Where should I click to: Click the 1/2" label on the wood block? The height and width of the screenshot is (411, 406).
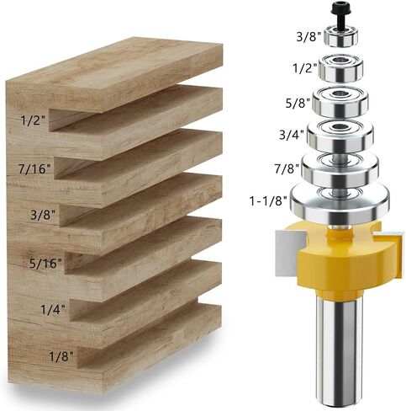(x=33, y=120)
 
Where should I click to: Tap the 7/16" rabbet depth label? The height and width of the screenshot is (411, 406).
(x=35, y=169)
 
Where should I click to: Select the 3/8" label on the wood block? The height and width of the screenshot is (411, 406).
(x=43, y=215)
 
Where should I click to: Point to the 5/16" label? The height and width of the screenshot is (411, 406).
(x=45, y=264)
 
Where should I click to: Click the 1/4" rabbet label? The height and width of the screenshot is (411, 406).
(x=53, y=309)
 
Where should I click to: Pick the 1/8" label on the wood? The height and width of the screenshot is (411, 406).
(x=61, y=356)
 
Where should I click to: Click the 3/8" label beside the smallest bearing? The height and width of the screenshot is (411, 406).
(x=308, y=37)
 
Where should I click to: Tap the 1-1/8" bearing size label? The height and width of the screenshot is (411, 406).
(x=268, y=201)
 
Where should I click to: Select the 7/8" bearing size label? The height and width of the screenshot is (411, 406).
(x=287, y=169)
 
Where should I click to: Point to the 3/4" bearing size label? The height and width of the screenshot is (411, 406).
(x=292, y=135)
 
